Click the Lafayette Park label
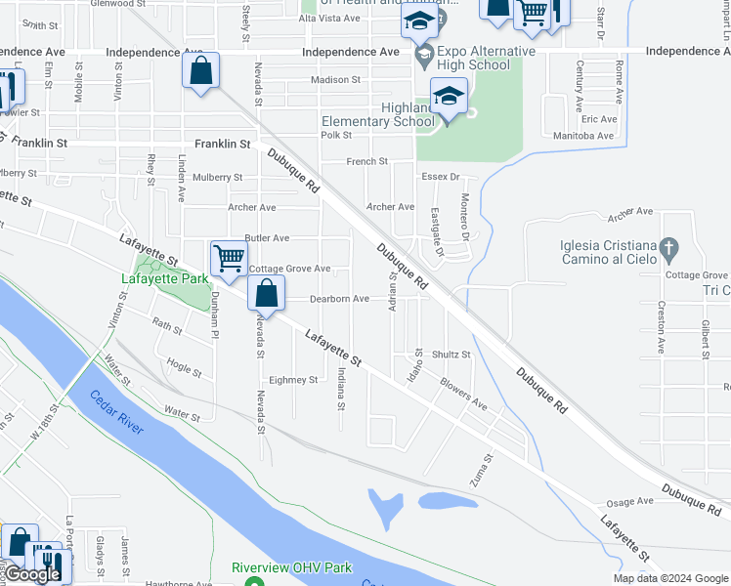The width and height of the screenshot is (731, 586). pyautogui.click(x=164, y=278)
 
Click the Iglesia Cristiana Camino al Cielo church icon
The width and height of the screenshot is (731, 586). pyautogui.click(x=668, y=247)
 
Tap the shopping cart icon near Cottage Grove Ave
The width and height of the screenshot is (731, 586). pyautogui.click(x=229, y=260)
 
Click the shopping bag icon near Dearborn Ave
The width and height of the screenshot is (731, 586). pyautogui.click(x=266, y=292)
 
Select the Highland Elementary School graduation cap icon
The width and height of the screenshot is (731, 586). pyautogui.click(x=449, y=98)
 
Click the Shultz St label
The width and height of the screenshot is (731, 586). pyautogui.click(x=451, y=355)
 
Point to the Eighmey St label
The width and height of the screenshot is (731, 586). pyautogui.click(x=293, y=380)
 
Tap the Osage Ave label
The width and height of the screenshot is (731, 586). pyautogui.click(x=629, y=502)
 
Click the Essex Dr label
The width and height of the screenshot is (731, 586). pyautogui.click(x=441, y=177)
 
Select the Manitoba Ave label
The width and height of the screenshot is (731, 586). pyautogui.click(x=584, y=136)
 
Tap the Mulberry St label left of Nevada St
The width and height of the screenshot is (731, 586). pyautogui.click(x=218, y=177)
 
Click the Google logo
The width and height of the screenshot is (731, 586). pyautogui.click(x=33, y=574)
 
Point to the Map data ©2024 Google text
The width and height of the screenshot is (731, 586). pyautogui.click(x=670, y=578)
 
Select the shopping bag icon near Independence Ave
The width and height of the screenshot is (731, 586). pyautogui.click(x=200, y=71)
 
